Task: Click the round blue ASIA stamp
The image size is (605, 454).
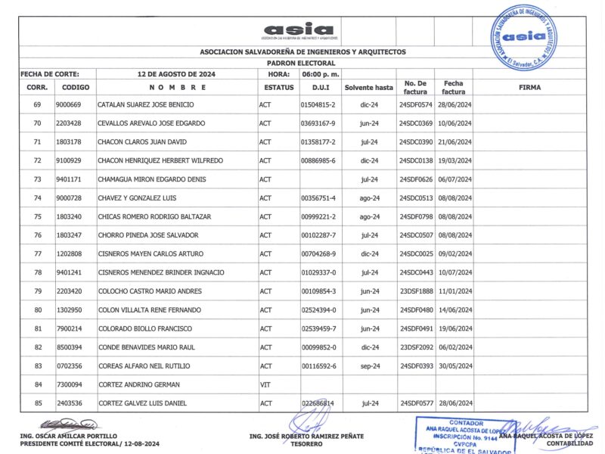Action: pos(523,36)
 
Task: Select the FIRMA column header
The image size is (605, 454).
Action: pos(529,88)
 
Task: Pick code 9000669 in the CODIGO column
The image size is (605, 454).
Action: pos(69,104)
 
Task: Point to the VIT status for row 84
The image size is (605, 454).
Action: pos(265,384)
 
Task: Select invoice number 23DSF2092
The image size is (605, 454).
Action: pos(415,347)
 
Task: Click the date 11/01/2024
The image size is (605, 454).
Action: pos(454,291)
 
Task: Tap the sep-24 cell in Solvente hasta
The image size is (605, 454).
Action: pos(369,366)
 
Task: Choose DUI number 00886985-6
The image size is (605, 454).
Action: pos(318,160)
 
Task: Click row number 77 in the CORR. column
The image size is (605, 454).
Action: pos(37,254)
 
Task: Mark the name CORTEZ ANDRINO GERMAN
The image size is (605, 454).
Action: pos(137,384)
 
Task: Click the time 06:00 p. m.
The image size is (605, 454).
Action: pos(320,74)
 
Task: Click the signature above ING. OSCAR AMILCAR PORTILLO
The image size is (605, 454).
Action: pos(70,424)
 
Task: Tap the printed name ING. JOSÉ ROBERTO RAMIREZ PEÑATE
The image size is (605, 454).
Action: pos(306,437)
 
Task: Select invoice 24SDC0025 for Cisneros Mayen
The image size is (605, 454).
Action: pos(415,254)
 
